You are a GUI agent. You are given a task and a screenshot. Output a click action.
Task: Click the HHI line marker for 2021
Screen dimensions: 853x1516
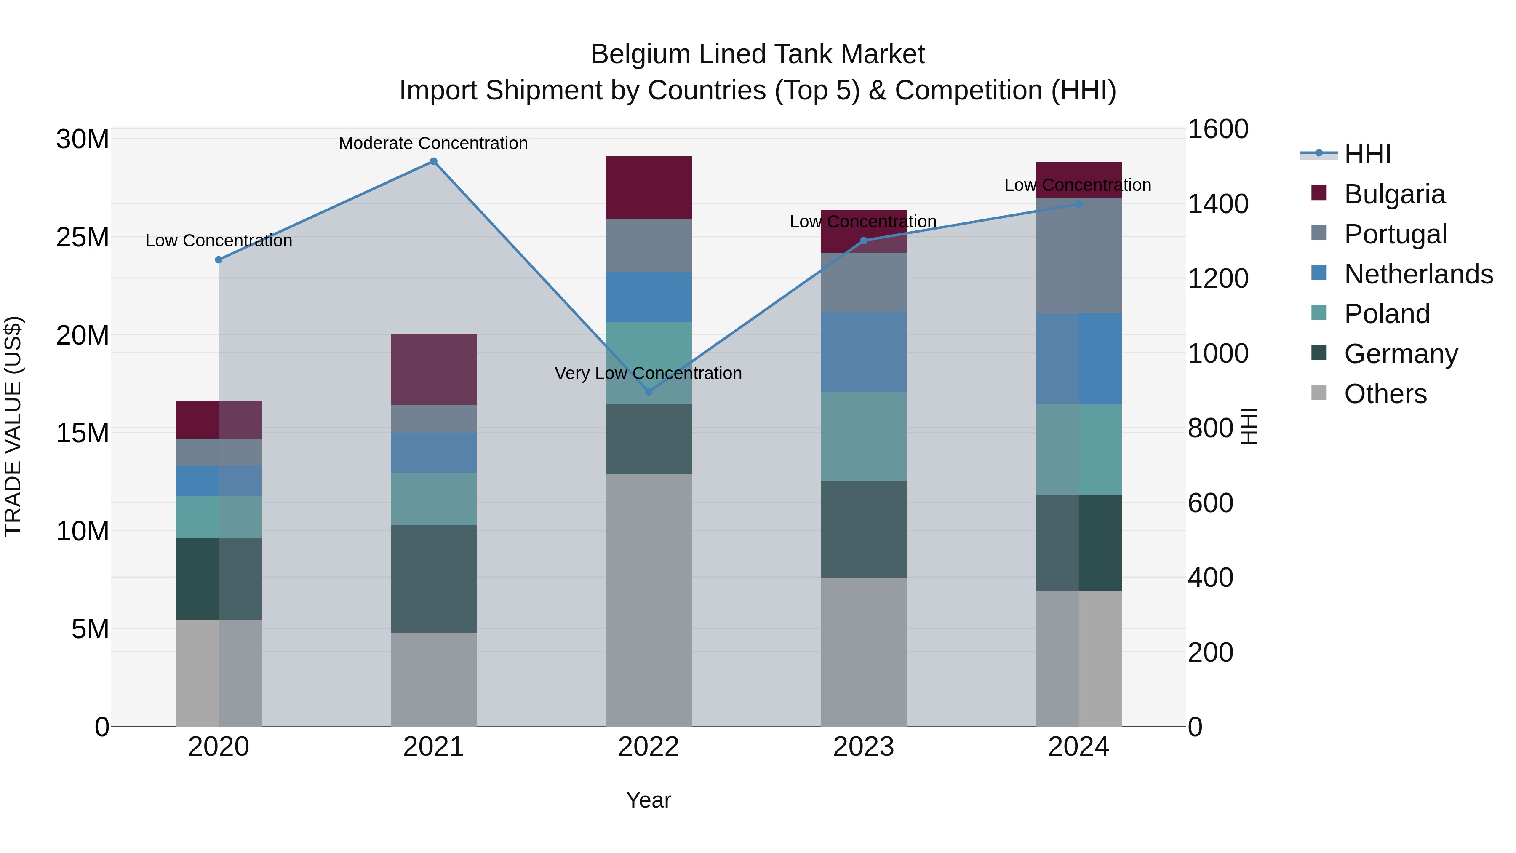(x=433, y=161)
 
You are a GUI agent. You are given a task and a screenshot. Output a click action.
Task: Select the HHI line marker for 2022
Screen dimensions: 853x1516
(x=649, y=391)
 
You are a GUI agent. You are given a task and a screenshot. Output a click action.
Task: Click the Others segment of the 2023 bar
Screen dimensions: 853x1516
(x=863, y=652)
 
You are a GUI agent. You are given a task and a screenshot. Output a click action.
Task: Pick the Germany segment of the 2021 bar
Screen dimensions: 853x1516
(x=433, y=579)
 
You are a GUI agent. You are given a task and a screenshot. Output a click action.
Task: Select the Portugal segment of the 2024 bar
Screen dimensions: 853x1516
(x=1078, y=256)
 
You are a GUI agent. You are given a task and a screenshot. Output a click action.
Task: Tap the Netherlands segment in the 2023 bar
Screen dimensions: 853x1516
(x=863, y=352)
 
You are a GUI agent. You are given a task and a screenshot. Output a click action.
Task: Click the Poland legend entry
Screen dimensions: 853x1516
(x=1387, y=314)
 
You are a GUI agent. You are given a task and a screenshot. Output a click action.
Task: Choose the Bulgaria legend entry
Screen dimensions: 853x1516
(x=1394, y=194)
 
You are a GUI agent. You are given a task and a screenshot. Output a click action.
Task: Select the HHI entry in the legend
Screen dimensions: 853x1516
(x=1367, y=154)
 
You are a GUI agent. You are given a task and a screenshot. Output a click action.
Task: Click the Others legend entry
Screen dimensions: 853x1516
(x=1385, y=394)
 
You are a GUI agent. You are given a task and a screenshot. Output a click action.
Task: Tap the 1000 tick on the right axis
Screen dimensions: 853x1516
(x=1217, y=354)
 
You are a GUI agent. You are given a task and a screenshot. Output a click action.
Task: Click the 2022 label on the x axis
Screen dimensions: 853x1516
(x=649, y=747)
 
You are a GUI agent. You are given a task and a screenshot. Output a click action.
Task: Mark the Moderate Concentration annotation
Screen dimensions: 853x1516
(x=433, y=143)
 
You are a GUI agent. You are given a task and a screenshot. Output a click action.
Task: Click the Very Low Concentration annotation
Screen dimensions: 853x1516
(x=648, y=373)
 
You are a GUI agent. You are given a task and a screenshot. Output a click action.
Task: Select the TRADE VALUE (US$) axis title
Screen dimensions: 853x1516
(x=13, y=426)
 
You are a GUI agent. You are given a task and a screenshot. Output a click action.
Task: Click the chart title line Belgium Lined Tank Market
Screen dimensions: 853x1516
(x=758, y=54)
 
